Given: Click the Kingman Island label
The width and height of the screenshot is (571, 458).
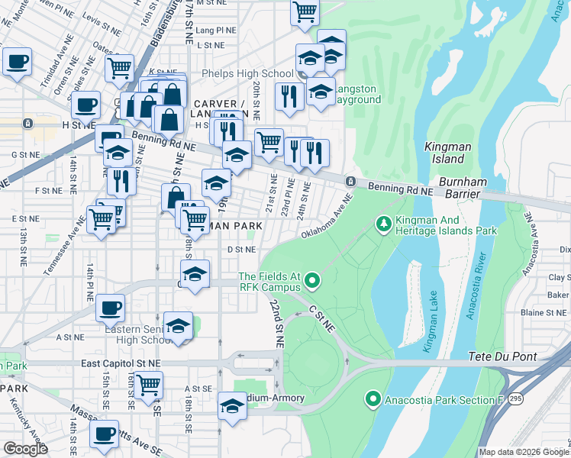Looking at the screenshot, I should (x=443, y=152).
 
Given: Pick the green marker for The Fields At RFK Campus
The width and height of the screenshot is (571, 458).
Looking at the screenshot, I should (x=311, y=282).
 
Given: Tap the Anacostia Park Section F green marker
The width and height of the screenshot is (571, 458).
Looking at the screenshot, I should (x=373, y=398).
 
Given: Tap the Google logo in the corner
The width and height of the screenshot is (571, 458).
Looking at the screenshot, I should (x=25, y=449).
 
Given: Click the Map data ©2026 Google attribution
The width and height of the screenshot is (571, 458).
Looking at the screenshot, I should (x=523, y=452).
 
